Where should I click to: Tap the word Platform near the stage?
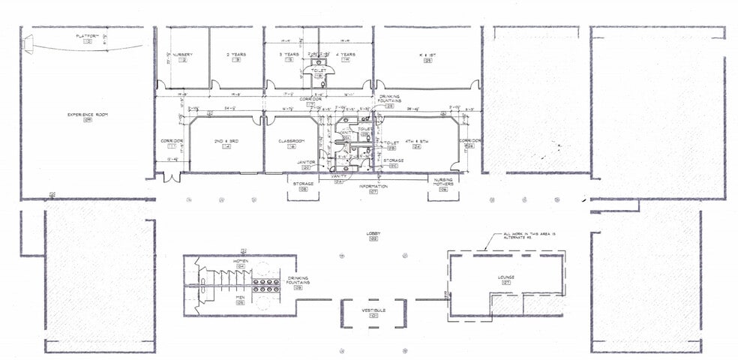pyautogui.click(x=88, y=36)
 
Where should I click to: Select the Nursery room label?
pyautogui.click(x=181, y=55)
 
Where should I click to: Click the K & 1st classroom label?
pyautogui.click(x=427, y=55)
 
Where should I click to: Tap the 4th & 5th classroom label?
pyautogui.click(x=415, y=142)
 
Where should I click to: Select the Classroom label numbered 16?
pyautogui.click(x=291, y=142)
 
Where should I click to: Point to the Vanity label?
pyautogui.click(x=338, y=176)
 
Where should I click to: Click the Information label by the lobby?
pyautogui.click(x=373, y=186)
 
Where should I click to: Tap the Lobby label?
pyautogui.click(x=373, y=233)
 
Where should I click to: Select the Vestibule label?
pyautogui.click(x=373, y=310)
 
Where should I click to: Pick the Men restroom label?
pyautogui.click(x=241, y=298)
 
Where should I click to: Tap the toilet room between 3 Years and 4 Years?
pyautogui.click(x=318, y=70)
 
